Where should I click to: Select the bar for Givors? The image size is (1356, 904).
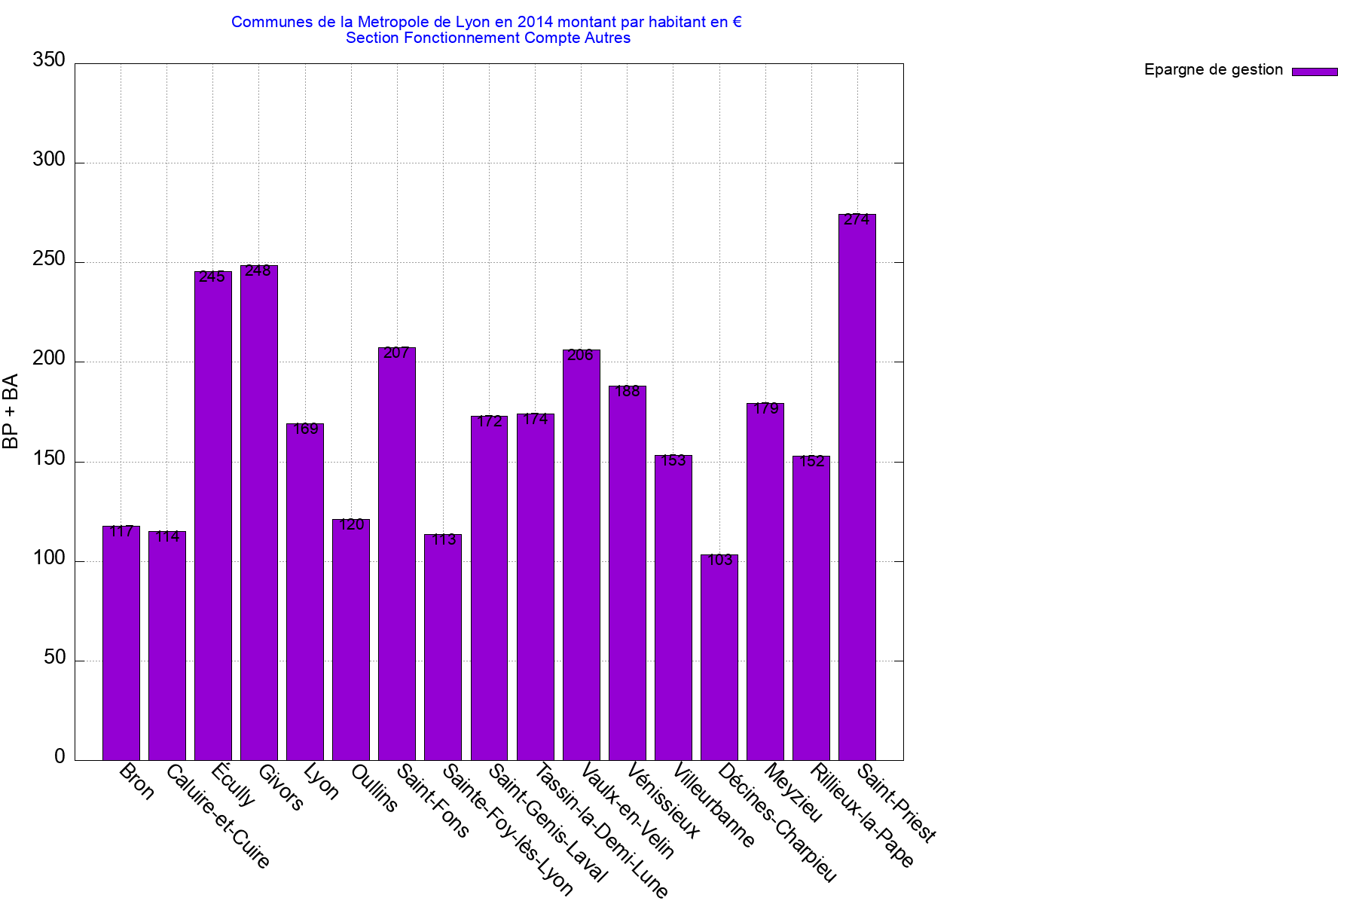point(259,512)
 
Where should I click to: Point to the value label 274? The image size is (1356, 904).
point(857,220)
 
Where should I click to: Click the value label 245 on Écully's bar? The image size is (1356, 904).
point(212,277)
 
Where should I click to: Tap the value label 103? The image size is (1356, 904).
point(720,560)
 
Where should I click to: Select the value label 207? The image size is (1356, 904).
point(396,353)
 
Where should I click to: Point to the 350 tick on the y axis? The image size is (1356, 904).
point(49,61)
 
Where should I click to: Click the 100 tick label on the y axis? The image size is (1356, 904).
point(49,558)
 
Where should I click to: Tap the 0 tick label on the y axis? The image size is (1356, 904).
point(60,757)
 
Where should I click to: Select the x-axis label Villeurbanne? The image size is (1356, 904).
point(713,805)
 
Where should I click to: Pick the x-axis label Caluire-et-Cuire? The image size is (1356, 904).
point(218,816)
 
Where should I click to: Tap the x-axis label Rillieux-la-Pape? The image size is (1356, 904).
point(863,816)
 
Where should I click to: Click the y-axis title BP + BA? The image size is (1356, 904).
point(11,411)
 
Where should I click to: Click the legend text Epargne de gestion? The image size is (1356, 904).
point(1213,70)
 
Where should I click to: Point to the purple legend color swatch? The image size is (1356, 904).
point(1315,72)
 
